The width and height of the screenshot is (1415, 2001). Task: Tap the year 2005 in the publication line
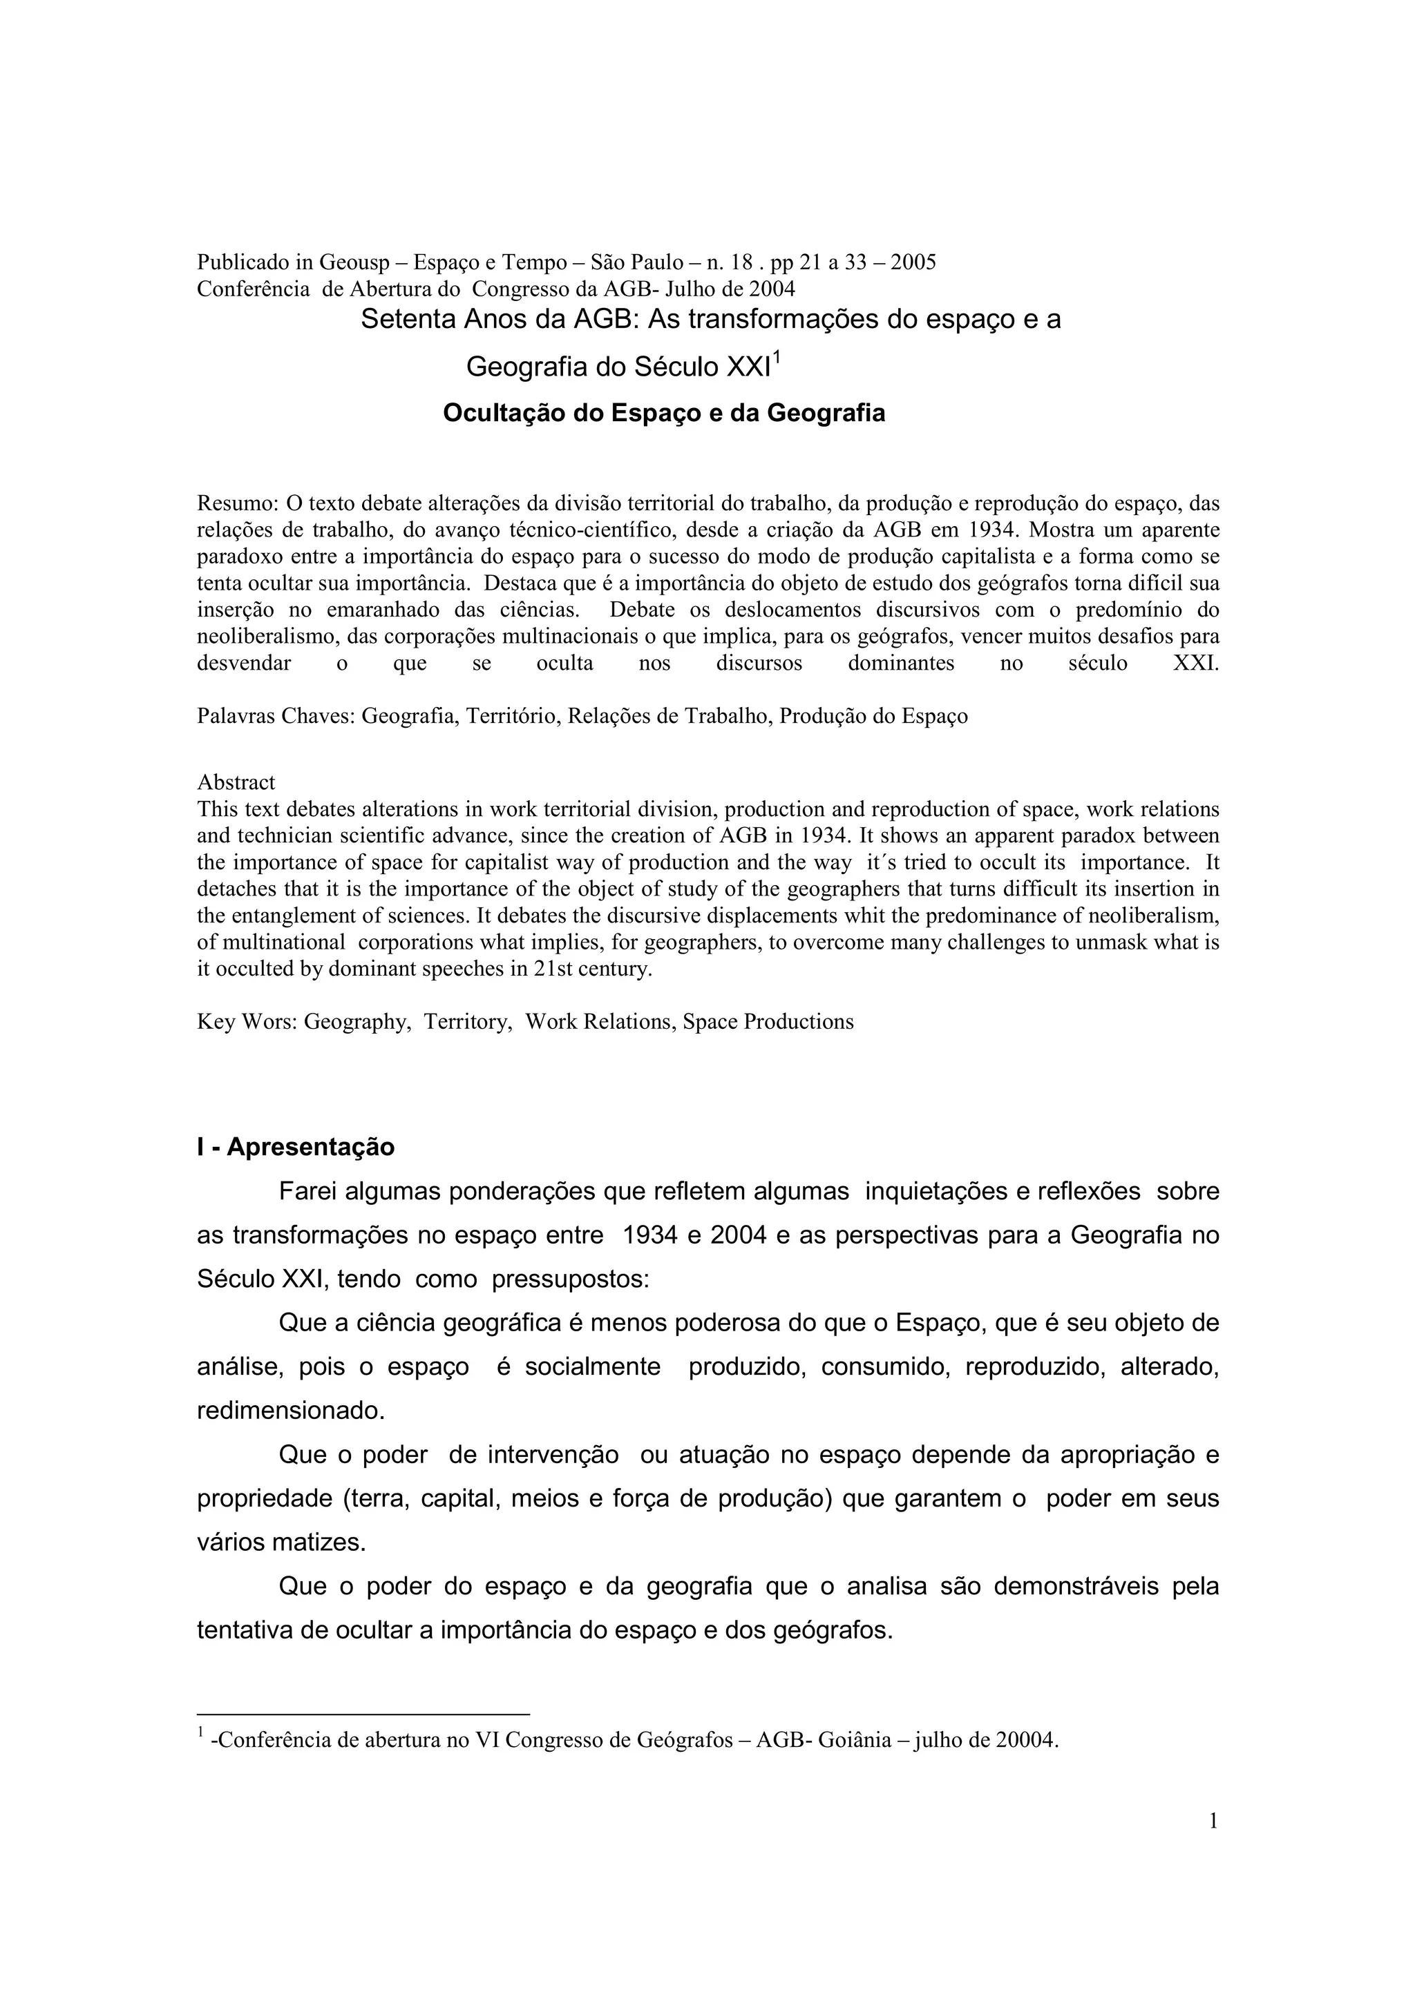pyautogui.click(x=913, y=262)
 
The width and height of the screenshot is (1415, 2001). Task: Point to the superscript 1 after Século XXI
pyautogui.click(x=777, y=358)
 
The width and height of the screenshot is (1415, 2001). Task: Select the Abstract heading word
pyautogui.click(x=236, y=782)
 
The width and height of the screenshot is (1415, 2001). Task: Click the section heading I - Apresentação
pyautogui.click(x=296, y=1147)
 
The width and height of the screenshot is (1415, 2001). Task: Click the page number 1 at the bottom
pyautogui.click(x=1213, y=1821)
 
